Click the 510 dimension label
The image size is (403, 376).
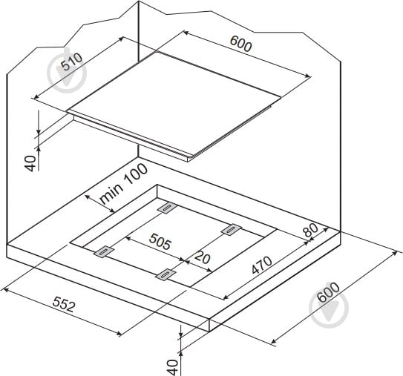73,62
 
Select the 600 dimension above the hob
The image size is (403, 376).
240,44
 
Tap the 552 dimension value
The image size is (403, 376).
64,304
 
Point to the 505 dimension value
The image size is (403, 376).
160,242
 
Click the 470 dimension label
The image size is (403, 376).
262,265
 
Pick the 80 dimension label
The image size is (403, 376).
311,230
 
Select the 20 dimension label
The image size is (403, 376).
203,257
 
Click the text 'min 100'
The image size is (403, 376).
124,184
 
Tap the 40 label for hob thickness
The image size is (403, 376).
30,163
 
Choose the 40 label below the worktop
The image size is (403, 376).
172,367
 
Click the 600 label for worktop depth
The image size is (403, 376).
328,292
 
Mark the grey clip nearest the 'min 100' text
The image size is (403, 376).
167,208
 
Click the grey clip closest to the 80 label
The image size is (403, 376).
232,229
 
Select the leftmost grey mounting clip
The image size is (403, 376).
104,251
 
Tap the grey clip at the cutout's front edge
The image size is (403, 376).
166,274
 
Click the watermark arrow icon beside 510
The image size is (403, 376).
67,73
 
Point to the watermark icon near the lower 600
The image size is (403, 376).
329,309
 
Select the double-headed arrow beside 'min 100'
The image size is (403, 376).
99,204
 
